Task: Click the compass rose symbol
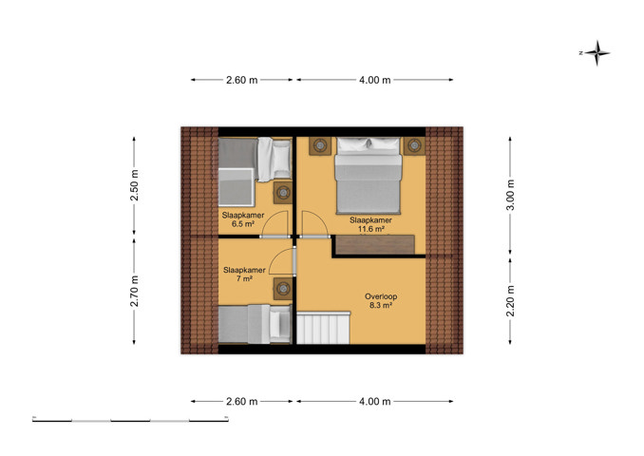(x=597, y=53)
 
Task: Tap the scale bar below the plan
(x=131, y=420)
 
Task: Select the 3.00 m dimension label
(x=510, y=195)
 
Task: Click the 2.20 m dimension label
(x=510, y=301)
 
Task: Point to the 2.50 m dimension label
(x=134, y=185)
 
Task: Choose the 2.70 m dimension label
(x=134, y=292)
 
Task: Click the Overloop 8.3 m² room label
(x=381, y=301)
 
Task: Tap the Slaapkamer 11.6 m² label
(x=370, y=224)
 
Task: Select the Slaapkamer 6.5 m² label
(x=243, y=219)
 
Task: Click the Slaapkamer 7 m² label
(x=244, y=274)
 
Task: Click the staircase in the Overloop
(x=323, y=328)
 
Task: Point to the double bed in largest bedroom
(x=368, y=176)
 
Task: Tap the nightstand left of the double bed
(x=320, y=145)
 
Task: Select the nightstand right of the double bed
(x=414, y=145)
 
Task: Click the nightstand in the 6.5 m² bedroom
(x=283, y=192)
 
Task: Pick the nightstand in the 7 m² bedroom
(x=283, y=289)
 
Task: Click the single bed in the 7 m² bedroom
(x=255, y=324)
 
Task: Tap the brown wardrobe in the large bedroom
(x=374, y=244)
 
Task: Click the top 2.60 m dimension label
(x=241, y=80)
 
